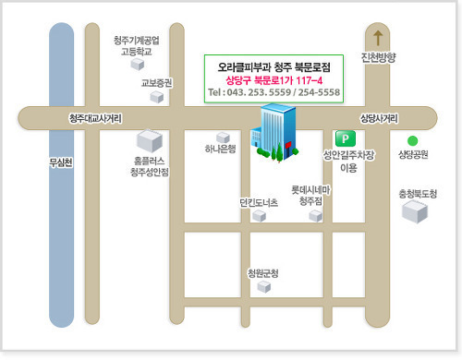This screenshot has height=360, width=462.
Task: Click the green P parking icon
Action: click(x=346, y=138)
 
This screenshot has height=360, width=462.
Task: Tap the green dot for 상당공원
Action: click(x=412, y=141)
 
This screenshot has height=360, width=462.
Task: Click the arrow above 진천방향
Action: click(x=378, y=38)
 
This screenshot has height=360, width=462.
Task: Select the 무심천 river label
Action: click(x=61, y=162)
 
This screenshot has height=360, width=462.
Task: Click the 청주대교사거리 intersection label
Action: click(x=95, y=118)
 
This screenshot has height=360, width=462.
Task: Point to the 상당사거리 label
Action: click(x=379, y=118)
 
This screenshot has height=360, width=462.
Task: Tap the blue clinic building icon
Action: click(x=274, y=132)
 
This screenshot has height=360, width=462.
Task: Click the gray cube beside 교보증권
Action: click(x=157, y=97)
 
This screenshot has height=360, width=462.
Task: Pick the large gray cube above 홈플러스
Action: click(x=150, y=141)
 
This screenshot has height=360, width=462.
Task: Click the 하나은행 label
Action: click(x=221, y=149)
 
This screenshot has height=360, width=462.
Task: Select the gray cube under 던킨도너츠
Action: click(x=259, y=216)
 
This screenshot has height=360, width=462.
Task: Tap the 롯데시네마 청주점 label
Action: click(x=310, y=196)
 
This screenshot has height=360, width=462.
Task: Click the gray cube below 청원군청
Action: click(x=264, y=287)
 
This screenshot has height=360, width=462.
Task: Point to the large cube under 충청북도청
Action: click(x=415, y=211)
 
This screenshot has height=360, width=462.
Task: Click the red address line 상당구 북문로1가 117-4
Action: click(x=274, y=80)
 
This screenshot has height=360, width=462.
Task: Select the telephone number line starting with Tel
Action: click(x=274, y=92)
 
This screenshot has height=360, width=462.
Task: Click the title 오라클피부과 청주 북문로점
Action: click(x=274, y=67)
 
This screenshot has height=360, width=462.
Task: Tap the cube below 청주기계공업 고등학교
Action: click(x=138, y=65)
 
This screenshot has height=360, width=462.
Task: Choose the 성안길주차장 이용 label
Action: click(x=348, y=161)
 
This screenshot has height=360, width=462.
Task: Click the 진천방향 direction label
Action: click(x=379, y=57)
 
